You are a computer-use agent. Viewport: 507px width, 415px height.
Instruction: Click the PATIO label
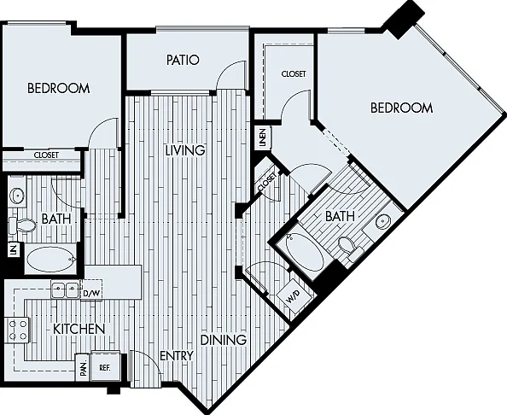183,60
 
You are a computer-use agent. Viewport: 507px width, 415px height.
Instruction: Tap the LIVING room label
185,150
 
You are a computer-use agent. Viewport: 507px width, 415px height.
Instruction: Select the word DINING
224,340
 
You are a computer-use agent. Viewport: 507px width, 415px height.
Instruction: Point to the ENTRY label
177,356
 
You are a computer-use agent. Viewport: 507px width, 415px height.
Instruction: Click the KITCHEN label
79,330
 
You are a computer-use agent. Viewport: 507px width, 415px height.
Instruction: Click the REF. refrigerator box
105,367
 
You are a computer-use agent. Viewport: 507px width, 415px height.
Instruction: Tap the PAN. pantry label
84,368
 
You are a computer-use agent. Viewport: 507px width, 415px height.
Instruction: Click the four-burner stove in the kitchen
17,330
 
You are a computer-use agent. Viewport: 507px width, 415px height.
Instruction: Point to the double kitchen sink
66,289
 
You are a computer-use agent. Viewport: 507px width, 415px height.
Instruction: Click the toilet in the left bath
21,225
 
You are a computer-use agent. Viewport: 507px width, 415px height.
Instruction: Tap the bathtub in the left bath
50,259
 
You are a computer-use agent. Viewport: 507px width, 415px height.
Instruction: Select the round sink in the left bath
16,196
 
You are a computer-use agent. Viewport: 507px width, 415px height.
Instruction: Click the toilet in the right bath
351,248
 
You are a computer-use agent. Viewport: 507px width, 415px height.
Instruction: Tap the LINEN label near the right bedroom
263,137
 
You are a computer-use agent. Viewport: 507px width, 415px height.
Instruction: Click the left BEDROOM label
59,88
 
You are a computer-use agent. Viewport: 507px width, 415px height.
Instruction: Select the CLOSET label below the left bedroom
46,155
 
